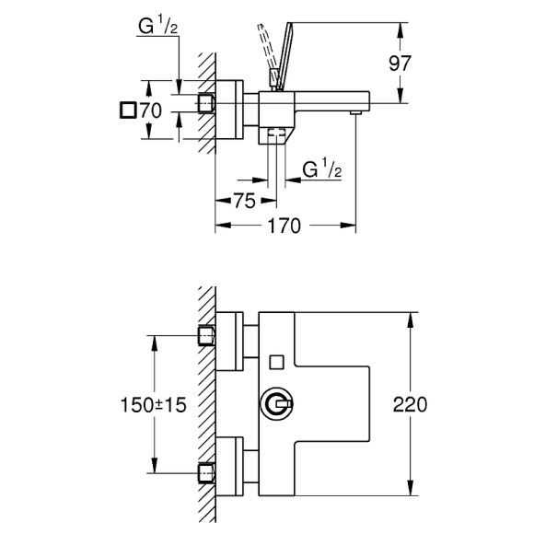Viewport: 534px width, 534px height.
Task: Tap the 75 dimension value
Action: (244, 202)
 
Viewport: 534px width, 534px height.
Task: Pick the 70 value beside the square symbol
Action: (151, 110)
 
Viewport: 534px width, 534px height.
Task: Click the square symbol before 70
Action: (128, 110)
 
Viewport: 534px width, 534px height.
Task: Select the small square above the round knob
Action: (275, 360)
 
